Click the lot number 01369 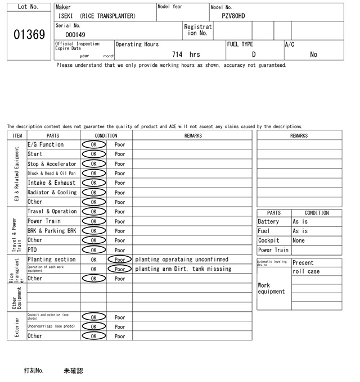(29, 35)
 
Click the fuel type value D (254, 54)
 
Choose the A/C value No (313, 54)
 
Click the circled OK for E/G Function (93, 145)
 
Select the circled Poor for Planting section (120, 260)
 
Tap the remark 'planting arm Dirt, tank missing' (183, 269)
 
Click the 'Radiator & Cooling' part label (52, 193)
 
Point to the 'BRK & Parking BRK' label (52, 231)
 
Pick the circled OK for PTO (93, 250)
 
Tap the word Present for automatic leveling (303, 262)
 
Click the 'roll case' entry (305, 272)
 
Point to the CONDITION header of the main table (106, 135)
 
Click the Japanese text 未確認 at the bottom (73, 371)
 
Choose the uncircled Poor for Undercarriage (120, 326)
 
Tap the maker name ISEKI (67, 16)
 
